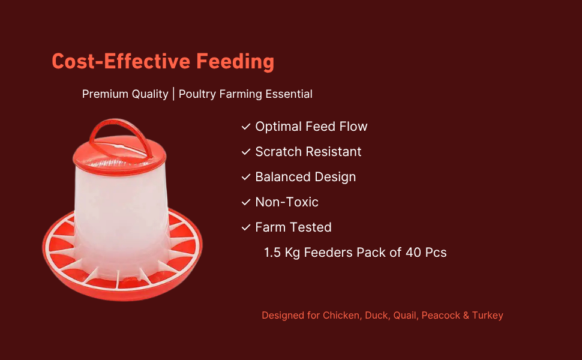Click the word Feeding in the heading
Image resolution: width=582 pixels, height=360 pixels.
[235, 62]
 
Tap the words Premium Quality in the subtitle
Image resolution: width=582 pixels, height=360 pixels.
[125, 94]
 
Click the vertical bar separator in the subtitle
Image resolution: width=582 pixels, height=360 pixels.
[173, 94]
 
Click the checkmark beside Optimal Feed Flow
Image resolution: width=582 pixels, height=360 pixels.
[246, 127]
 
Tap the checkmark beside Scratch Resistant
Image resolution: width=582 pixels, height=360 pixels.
[246, 152]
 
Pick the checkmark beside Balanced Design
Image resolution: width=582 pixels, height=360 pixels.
[246, 178]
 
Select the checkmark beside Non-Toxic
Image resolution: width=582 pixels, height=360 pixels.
[246, 203]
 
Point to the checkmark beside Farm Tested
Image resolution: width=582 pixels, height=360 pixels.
[246, 228]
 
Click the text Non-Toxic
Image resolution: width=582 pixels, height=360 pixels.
[287, 202]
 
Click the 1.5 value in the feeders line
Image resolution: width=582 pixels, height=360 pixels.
[272, 253]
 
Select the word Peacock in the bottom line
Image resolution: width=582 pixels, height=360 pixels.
[440, 315]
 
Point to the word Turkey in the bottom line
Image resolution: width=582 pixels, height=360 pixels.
[488, 316]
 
